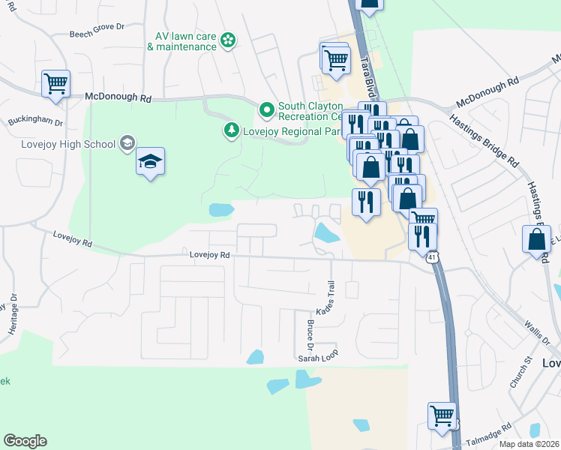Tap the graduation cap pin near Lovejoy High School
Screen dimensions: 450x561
tap(150, 162)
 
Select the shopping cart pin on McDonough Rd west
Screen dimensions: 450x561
tap(56, 85)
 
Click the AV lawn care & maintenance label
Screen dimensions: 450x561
tap(181, 40)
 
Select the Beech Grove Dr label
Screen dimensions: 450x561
tap(97, 25)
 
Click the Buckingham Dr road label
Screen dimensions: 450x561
tap(35, 121)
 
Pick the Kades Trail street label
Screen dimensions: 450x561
tap(328, 298)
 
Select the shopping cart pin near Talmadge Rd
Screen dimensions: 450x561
tap(442, 415)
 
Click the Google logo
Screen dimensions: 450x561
tap(25, 441)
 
